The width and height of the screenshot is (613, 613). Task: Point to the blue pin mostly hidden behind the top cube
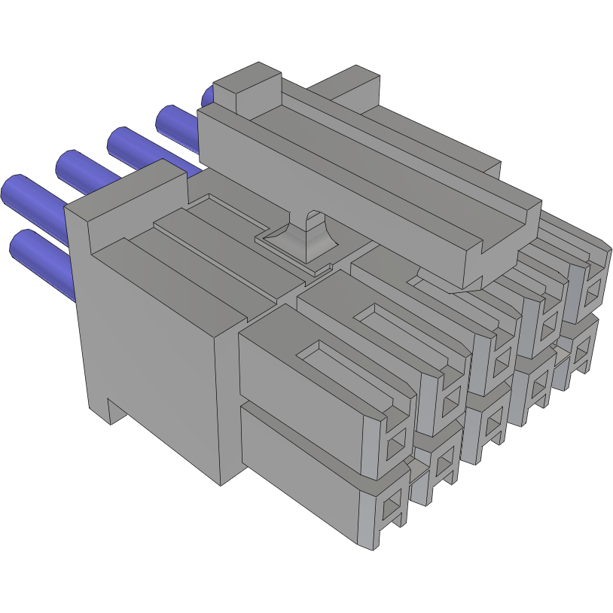coord(208,96)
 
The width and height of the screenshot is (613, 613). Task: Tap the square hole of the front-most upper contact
coord(395,450)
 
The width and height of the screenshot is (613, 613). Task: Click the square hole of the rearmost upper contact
coord(594,289)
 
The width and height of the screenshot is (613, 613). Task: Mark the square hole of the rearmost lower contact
coord(581,349)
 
